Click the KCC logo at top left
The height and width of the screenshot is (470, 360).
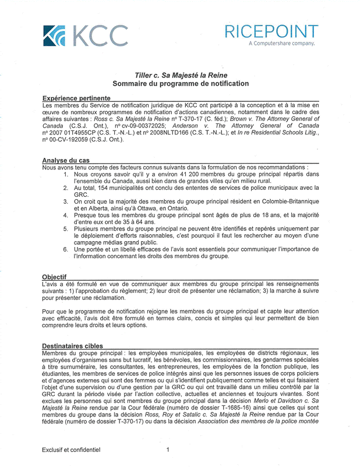(85, 36)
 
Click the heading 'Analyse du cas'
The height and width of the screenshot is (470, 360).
(65, 160)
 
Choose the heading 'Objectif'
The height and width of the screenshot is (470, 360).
(54, 277)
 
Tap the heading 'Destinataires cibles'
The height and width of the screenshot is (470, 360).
(73, 346)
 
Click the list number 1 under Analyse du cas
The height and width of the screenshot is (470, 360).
(67, 174)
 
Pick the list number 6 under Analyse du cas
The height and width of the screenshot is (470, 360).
(67, 250)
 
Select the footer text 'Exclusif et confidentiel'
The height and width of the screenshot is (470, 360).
(71, 450)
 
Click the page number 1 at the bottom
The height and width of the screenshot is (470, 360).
(168, 450)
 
